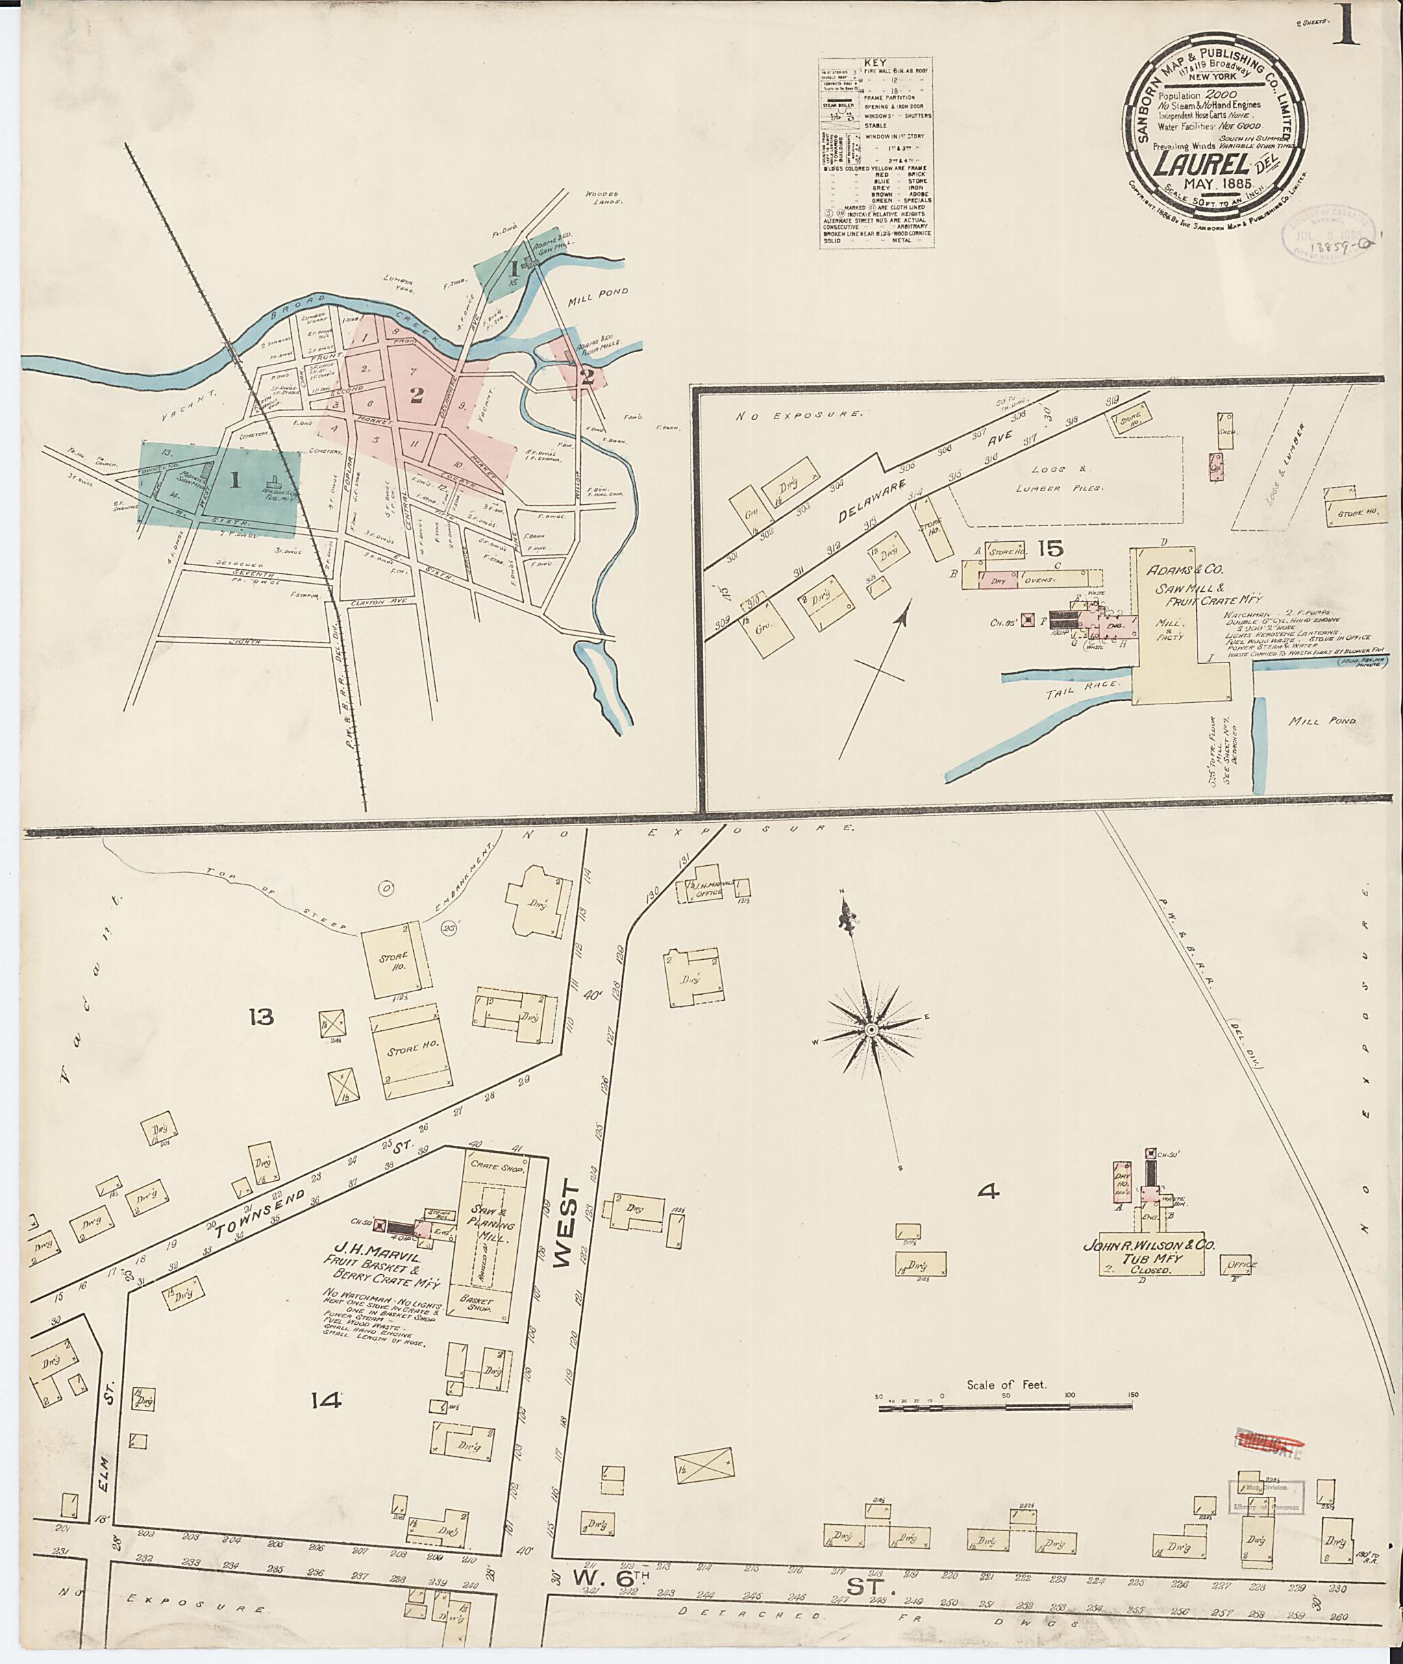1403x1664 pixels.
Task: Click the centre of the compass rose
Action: (871, 1030)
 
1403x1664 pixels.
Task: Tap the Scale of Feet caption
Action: (1006, 1384)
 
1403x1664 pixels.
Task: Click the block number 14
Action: (326, 1401)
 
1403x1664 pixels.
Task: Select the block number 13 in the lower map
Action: (260, 1017)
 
